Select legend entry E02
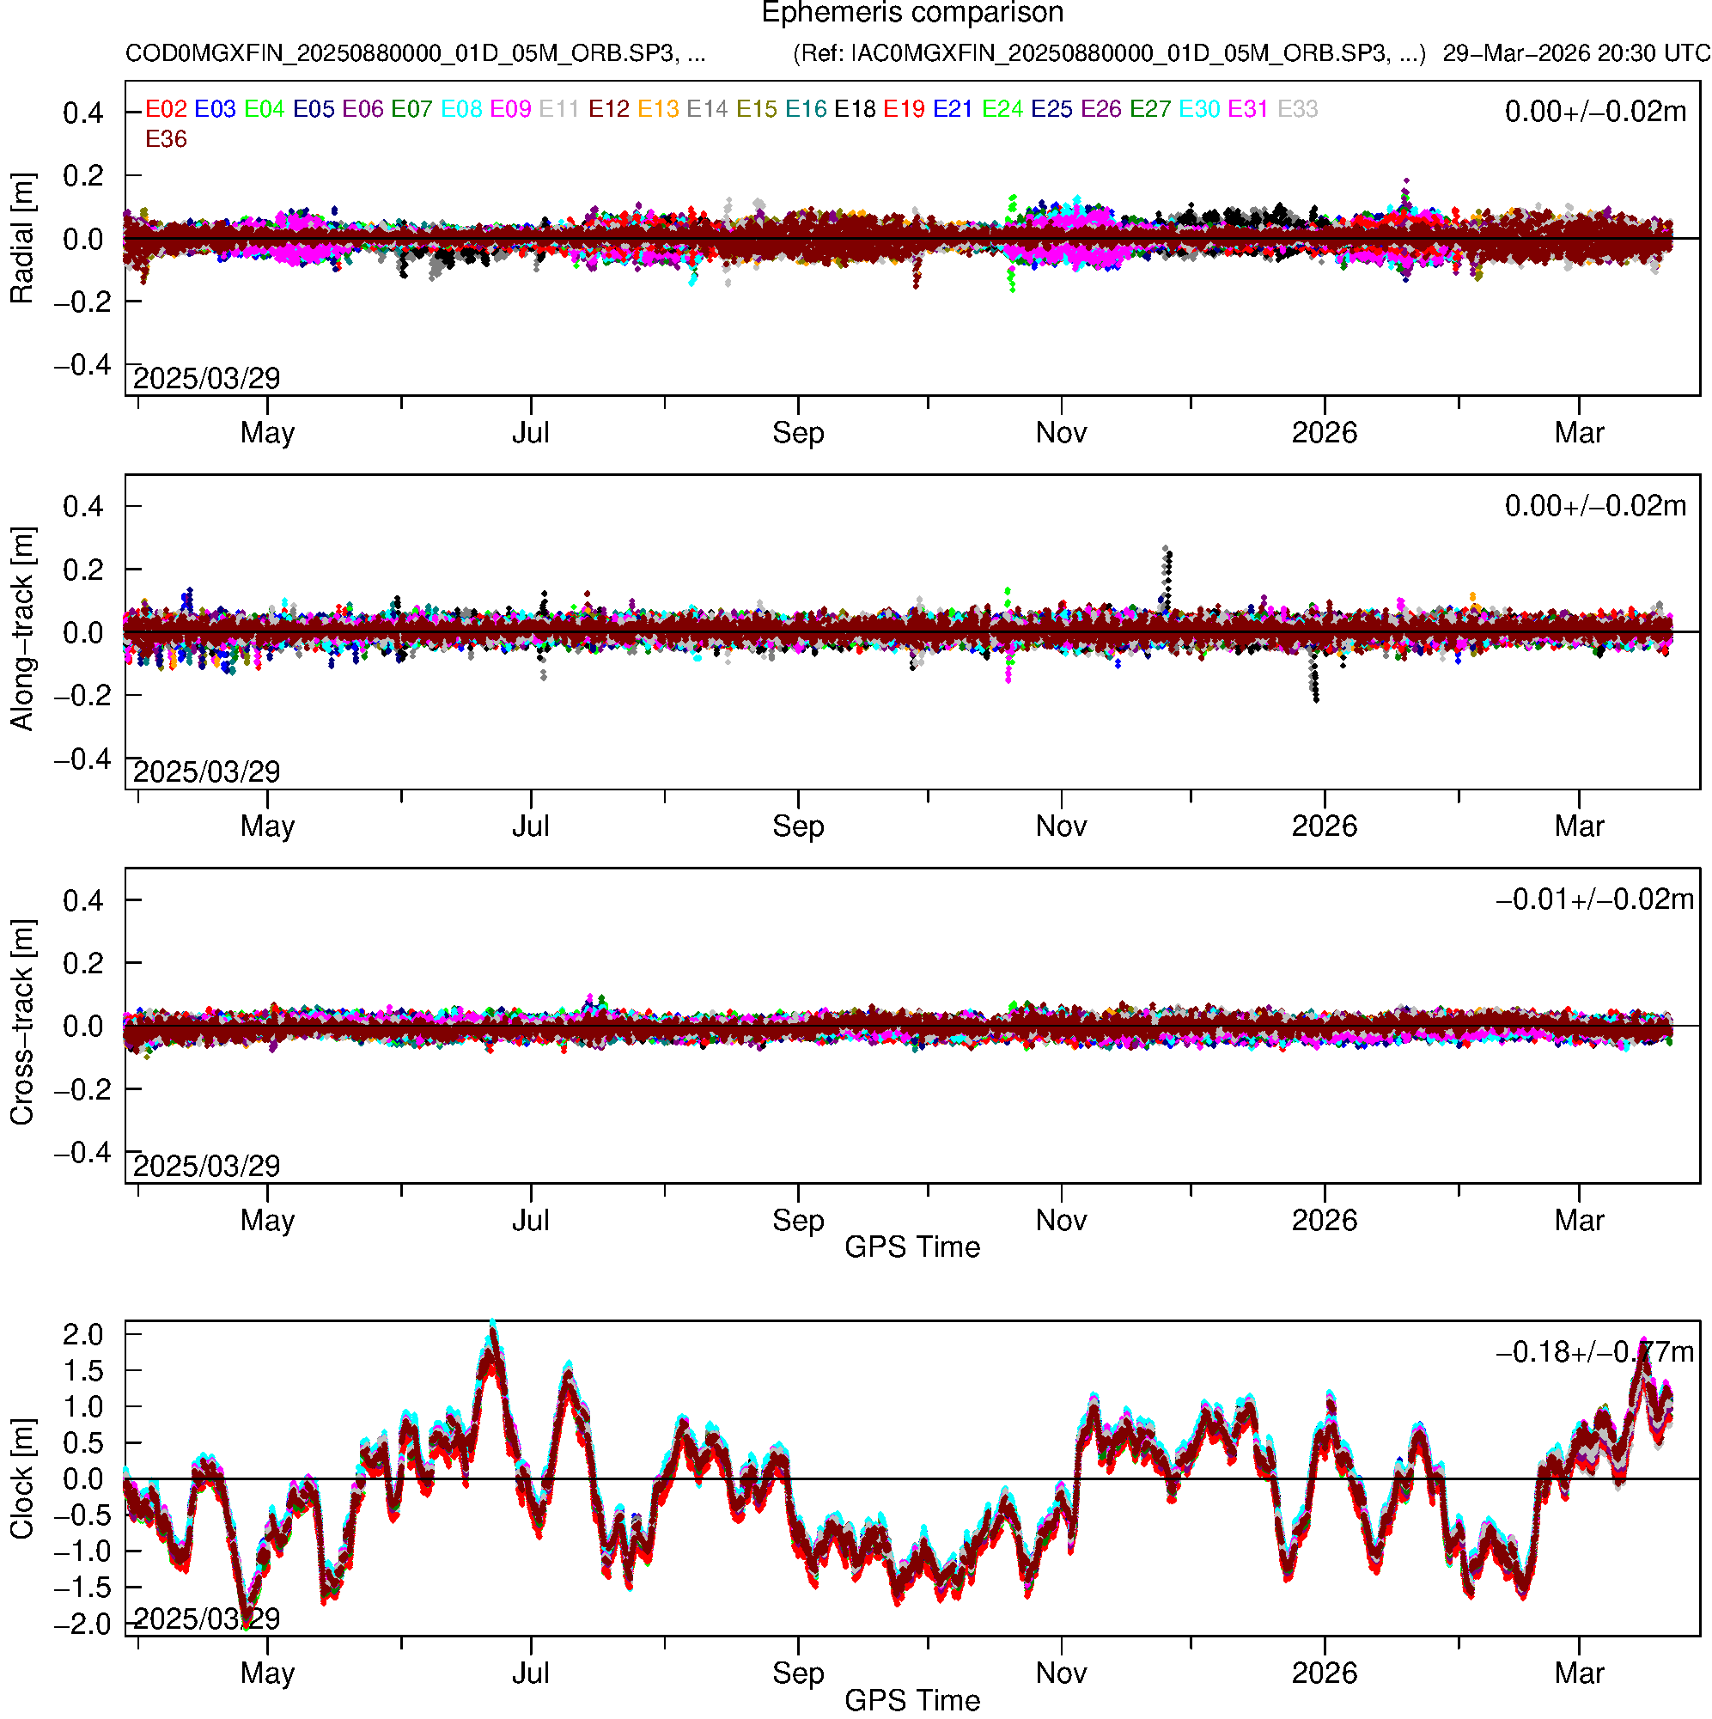coord(166,109)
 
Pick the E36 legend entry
coord(166,140)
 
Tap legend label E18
coord(854,109)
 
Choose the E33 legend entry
coord(1297,109)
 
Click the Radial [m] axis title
coord(21,239)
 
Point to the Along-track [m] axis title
coord(21,629)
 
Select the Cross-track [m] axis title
coord(21,1023)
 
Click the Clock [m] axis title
coord(21,1479)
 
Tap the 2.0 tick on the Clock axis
coord(82,1336)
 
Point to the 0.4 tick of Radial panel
coord(82,113)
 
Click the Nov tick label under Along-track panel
coord(1061,826)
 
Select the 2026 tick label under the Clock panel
coord(1324,1673)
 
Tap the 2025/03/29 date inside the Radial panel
coord(206,379)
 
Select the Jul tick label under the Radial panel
coord(530,433)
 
